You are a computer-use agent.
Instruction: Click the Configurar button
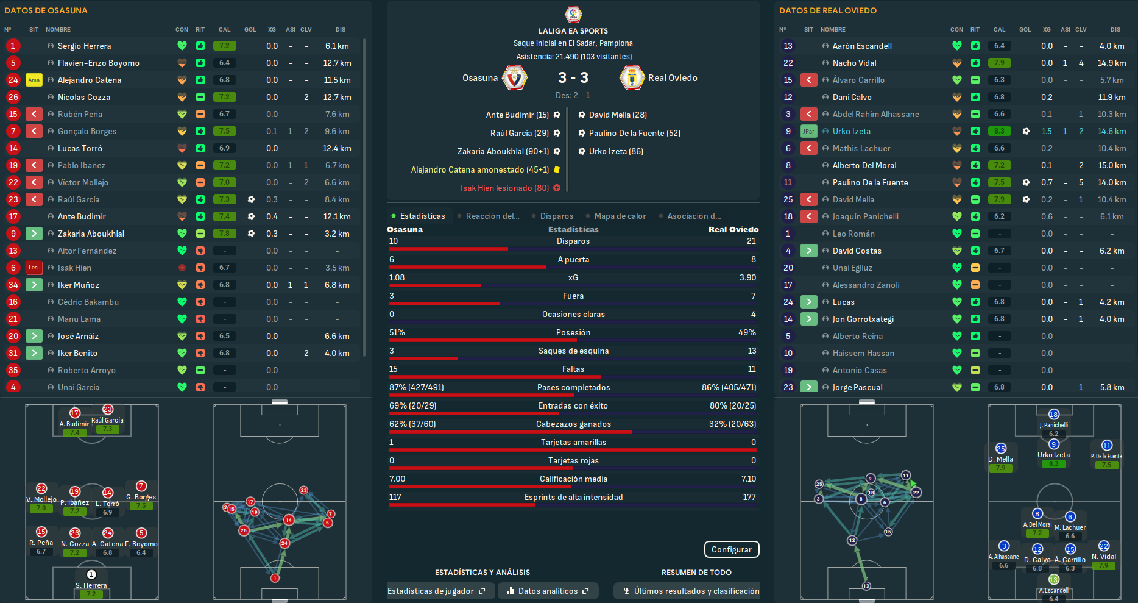[731, 549]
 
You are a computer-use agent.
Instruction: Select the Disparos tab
[556, 216]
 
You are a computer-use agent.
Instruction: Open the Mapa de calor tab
[620, 216]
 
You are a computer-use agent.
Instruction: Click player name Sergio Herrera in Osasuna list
[84, 46]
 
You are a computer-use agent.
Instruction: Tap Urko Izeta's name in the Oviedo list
[851, 131]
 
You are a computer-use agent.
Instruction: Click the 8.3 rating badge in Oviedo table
[999, 131]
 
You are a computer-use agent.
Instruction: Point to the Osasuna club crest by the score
[514, 78]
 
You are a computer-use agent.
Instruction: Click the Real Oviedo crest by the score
[632, 78]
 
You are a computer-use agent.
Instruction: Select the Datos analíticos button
[548, 591]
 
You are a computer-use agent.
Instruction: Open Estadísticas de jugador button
[436, 591]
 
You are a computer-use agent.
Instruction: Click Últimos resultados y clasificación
[691, 591]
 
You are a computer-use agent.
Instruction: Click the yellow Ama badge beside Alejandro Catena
[34, 80]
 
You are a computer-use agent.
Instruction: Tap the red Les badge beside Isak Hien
[34, 268]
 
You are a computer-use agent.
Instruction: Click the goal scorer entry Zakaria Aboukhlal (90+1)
[503, 151]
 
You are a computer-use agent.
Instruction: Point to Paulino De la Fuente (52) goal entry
[634, 133]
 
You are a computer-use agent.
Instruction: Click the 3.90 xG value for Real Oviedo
[747, 277]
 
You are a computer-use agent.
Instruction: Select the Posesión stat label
[573, 332]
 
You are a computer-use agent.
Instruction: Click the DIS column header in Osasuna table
[340, 29]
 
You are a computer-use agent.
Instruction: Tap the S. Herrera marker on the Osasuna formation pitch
[91, 575]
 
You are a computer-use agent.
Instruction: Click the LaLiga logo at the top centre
[573, 13]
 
